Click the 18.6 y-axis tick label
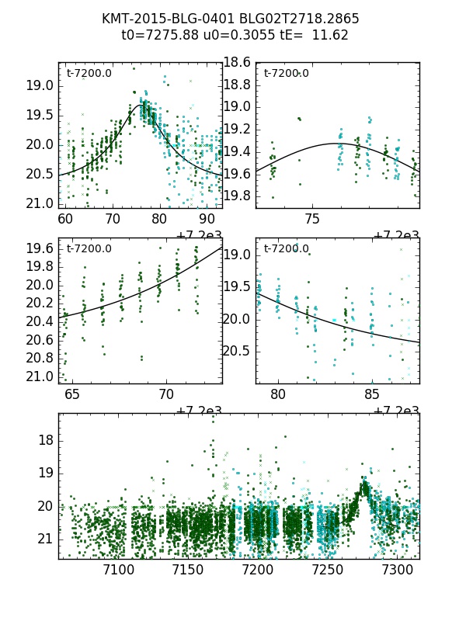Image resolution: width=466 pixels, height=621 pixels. coord(238,62)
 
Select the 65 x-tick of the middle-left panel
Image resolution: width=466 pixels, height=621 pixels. coord(72,395)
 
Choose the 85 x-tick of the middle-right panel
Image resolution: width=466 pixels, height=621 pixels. coord(372,395)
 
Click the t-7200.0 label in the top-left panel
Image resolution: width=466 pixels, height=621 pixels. coord(89,74)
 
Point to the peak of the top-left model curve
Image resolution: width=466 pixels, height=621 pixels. coord(141,105)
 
